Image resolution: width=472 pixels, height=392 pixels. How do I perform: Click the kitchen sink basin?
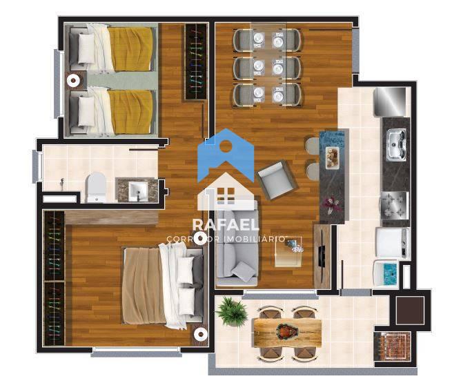click(397, 144)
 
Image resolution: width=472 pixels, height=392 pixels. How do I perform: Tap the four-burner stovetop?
click(395, 206)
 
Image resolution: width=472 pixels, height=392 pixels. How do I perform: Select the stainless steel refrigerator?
click(390, 101)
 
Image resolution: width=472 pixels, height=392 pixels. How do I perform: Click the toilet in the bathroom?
click(95, 187)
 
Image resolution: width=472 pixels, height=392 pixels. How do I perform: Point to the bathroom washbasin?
click(138, 190)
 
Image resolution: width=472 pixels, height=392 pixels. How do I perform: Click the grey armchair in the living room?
click(277, 180)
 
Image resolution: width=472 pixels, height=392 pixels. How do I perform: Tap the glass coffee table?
click(288, 252)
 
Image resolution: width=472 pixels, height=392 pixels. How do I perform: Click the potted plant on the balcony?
click(232, 311)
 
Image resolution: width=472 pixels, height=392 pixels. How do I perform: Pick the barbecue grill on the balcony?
click(393, 346)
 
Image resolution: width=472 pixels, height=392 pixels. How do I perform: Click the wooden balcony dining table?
click(288, 332)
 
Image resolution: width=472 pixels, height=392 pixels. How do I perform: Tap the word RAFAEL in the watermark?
click(226, 224)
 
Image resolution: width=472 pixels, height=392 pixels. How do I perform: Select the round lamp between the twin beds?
click(73, 80)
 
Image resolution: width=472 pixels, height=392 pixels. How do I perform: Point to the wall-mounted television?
click(322, 256)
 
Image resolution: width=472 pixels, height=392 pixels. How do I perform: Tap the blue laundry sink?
click(387, 273)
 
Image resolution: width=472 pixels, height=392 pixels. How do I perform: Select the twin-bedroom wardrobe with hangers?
click(196, 61)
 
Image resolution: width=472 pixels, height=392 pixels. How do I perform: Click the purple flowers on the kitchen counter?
click(332, 205)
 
